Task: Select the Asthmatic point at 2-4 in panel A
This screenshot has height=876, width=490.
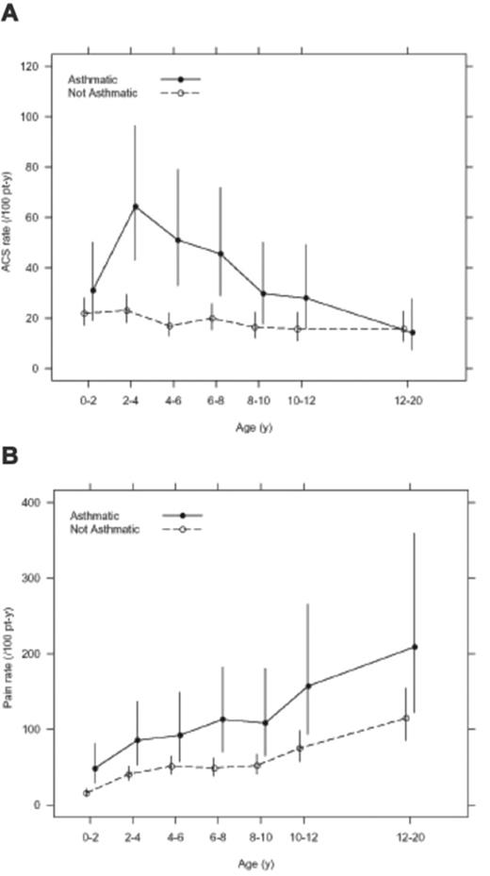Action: [136, 207]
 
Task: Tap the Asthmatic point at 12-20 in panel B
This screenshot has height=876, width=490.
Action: [415, 647]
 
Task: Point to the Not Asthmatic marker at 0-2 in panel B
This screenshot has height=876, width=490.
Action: [87, 793]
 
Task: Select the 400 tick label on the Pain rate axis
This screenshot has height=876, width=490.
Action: [40, 503]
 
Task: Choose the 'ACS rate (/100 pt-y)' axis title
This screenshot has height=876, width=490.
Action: [16, 218]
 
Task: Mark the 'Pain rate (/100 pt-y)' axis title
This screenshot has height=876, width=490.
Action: [16, 653]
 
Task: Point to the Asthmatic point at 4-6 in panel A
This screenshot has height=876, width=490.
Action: [178, 240]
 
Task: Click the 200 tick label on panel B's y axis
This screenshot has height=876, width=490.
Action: [40, 653]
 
